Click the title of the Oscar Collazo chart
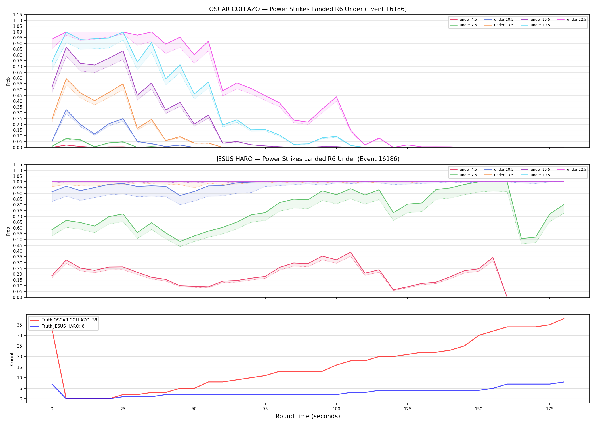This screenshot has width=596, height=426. pyautogui.click(x=308, y=9)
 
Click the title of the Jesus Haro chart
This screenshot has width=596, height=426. pyautogui.click(x=308, y=159)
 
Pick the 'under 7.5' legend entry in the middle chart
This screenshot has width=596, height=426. pyautogui.click(x=463, y=175)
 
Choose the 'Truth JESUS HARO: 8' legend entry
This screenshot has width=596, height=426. pyautogui.click(x=57, y=326)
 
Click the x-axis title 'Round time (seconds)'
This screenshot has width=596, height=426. pyautogui.click(x=308, y=416)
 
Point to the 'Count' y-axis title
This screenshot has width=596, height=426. pyautogui.click(x=12, y=359)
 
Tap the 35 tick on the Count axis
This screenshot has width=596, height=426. pyautogui.click(x=20, y=325)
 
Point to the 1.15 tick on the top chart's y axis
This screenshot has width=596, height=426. pyautogui.click(x=18, y=15)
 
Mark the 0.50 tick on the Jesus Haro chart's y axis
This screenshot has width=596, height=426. pyautogui.click(x=18, y=239)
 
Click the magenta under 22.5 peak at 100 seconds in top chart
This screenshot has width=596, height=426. pyautogui.click(x=336, y=97)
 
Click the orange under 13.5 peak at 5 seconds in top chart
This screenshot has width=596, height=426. pyautogui.click(x=66, y=79)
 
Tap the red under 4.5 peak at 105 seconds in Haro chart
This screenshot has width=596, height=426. pyautogui.click(x=351, y=252)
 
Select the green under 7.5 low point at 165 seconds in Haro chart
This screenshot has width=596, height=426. pyautogui.click(x=521, y=239)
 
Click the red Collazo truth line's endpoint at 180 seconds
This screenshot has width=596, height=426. pyautogui.click(x=564, y=318)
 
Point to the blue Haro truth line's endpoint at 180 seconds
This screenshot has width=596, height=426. pyautogui.click(x=564, y=382)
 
